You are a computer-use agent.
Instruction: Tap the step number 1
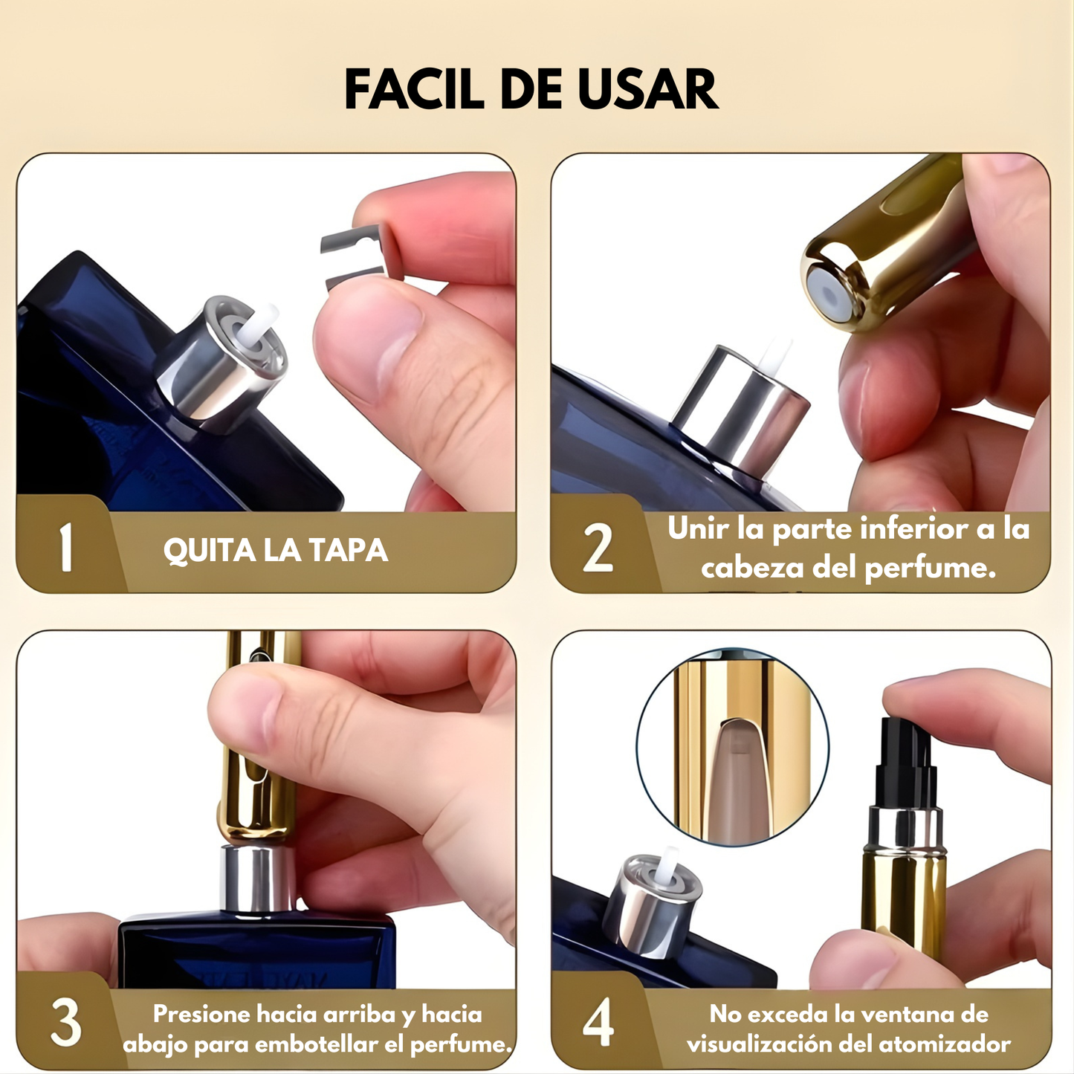coord(66,548)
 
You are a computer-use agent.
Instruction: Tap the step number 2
coord(598,549)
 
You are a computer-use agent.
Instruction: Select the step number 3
coord(65,1023)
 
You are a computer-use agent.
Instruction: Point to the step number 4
coord(598,1023)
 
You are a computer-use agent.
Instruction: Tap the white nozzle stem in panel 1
coord(263,326)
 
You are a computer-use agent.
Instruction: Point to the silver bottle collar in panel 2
coord(740,409)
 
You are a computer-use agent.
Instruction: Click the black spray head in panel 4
coord(902,762)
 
